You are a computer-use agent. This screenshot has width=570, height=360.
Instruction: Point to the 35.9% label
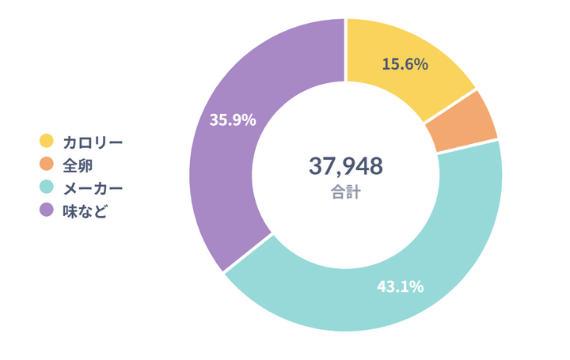pos(232,120)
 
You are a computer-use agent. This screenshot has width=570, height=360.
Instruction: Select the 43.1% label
pos(400,286)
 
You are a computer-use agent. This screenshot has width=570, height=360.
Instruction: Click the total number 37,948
pos(345,166)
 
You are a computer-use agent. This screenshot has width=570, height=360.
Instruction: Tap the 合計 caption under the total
pos(345,192)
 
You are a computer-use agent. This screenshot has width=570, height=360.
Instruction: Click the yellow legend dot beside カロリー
pos(47,141)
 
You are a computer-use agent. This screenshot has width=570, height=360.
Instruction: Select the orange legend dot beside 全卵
pos(47,164)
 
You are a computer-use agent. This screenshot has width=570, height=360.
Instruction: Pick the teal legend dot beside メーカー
pos(47,188)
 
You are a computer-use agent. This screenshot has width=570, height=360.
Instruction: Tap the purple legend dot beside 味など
pos(47,210)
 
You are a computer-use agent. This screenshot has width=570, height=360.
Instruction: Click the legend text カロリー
pos(93,142)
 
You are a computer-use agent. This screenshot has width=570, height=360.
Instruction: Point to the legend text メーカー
pos(93,188)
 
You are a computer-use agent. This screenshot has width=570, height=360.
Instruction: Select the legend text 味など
pos(85,211)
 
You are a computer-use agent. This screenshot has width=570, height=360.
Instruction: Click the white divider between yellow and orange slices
pos(449,106)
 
